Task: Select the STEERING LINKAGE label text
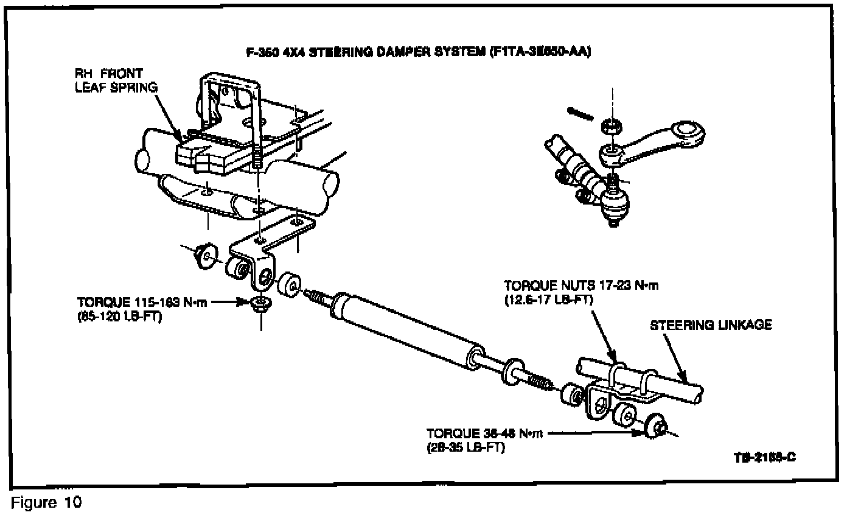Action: pos(711,325)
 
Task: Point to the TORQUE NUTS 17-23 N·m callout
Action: pos(580,286)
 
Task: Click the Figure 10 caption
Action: pos(46,503)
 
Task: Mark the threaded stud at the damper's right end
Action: pos(538,381)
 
